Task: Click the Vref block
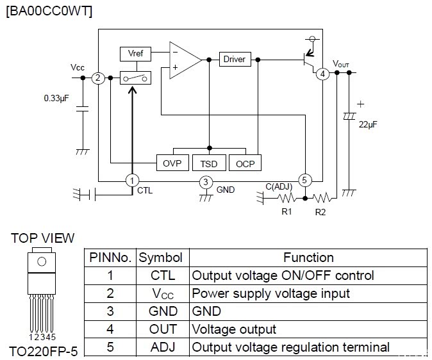(x=135, y=53)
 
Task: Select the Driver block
(x=234, y=59)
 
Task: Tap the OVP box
(x=172, y=163)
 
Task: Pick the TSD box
(x=209, y=163)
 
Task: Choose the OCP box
(x=245, y=163)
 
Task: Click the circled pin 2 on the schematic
(x=97, y=78)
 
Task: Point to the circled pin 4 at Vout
(x=322, y=74)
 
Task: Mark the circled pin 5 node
(x=305, y=181)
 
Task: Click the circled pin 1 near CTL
(x=132, y=181)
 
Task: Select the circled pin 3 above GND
(x=205, y=182)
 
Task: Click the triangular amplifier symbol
(x=183, y=59)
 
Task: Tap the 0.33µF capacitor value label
(x=57, y=99)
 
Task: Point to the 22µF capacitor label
(x=368, y=124)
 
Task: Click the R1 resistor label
(x=287, y=211)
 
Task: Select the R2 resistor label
(x=320, y=211)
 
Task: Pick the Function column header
(x=308, y=258)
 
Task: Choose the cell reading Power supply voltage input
(x=271, y=293)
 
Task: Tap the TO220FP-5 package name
(x=42, y=351)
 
